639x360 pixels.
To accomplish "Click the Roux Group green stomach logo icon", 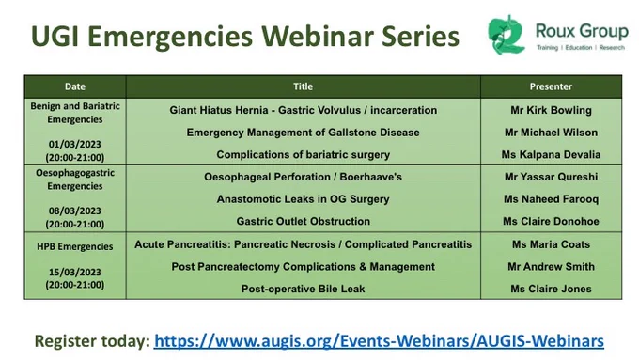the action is (507, 35).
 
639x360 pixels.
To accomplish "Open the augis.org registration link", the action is (379, 341).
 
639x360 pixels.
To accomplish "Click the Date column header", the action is (75, 86).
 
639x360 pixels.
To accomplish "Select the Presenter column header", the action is (551, 86).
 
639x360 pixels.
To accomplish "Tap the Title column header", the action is (304, 86).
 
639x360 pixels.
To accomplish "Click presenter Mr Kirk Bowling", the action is (551, 110).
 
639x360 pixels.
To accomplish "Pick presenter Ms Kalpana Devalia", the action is (551, 154).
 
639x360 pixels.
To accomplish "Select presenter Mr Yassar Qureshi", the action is (551, 177).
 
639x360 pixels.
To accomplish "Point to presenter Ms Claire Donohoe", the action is (551, 221).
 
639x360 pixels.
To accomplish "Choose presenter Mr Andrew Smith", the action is (551, 266).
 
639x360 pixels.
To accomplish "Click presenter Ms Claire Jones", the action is (551, 289).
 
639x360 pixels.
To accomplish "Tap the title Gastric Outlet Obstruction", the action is (304, 221).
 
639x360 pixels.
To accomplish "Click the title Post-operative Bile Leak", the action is (304, 289).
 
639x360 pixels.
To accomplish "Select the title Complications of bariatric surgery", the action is (304, 154).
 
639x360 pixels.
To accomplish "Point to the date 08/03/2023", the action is (75, 211).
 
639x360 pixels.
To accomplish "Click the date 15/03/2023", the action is (75, 272).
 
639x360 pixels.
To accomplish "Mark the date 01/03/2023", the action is (75, 145).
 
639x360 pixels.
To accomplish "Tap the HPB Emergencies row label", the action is (75, 246).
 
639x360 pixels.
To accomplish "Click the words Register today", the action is (92, 341).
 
